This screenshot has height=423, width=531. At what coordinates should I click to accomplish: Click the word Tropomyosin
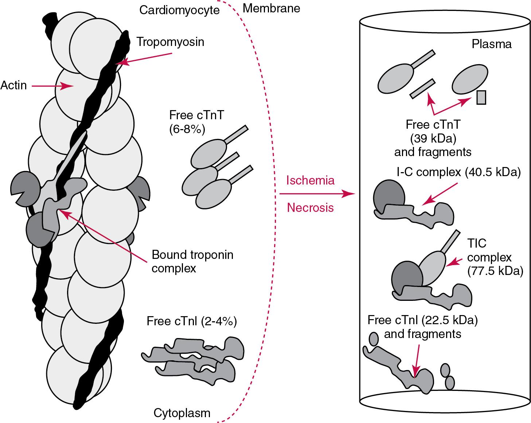click(170, 42)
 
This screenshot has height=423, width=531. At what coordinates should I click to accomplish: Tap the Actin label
click(13, 86)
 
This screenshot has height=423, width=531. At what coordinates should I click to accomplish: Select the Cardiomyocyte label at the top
click(179, 10)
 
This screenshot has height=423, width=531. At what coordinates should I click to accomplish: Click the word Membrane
click(271, 8)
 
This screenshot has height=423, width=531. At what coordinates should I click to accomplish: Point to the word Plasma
click(492, 44)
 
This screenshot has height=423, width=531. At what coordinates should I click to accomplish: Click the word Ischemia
click(310, 180)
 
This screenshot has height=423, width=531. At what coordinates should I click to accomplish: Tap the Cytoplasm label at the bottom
click(182, 413)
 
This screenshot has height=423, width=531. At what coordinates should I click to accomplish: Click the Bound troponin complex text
click(192, 261)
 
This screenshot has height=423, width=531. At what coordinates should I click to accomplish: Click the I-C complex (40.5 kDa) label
click(458, 172)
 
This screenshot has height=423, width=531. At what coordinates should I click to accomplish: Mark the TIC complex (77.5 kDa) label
click(495, 257)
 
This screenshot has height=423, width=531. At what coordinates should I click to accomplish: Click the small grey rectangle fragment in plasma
click(481, 97)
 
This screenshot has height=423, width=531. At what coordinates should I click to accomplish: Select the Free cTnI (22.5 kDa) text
click(422, 321)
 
